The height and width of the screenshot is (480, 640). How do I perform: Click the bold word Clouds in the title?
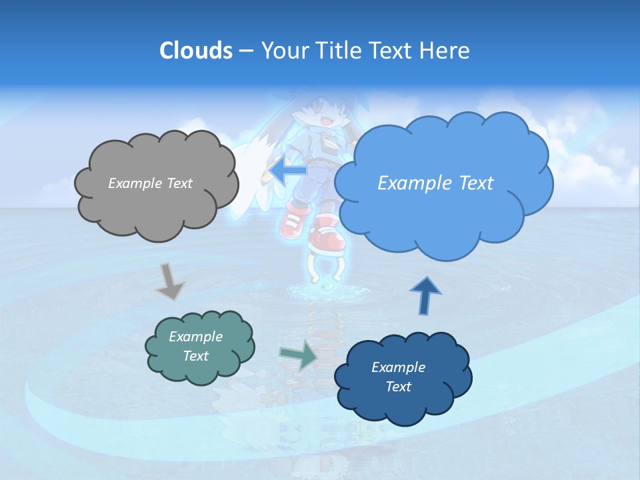pos(196,51)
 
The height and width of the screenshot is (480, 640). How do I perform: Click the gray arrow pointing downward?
pos(171,282)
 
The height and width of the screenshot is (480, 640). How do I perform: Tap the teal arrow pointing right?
pos(299,355)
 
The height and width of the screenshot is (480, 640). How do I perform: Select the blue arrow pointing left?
pos(285,171)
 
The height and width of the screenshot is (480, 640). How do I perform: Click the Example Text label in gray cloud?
pos(150,183)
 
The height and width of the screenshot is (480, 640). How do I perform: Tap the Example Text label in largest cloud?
pos(435,183)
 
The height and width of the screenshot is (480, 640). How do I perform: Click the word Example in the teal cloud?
pos(195,337)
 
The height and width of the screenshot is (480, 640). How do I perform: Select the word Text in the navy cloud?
pos(398,387)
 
